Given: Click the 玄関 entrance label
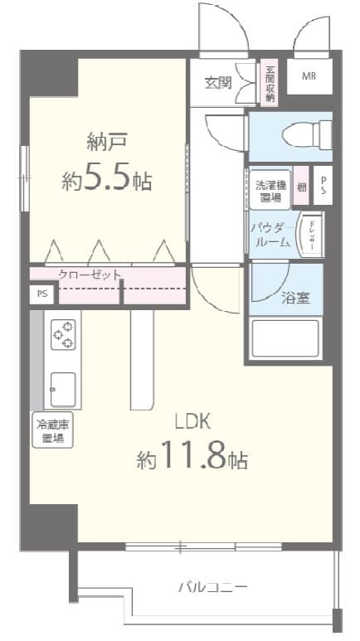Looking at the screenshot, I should click(218, 82).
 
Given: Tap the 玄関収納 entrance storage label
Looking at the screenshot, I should click(270, 83).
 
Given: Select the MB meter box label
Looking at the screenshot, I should click(309, 77).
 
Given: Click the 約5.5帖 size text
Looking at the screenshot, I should click(107, 179).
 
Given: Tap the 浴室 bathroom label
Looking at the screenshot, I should click(297, 299).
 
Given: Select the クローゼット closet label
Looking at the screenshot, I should click(90, 274).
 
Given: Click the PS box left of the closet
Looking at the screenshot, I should click(41, 294).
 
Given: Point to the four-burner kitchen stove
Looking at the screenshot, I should click(63, 334).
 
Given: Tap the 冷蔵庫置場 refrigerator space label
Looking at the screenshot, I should click(52, 431).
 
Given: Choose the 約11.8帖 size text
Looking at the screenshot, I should click(192, 457).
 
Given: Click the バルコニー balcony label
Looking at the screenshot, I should click(212, 587).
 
